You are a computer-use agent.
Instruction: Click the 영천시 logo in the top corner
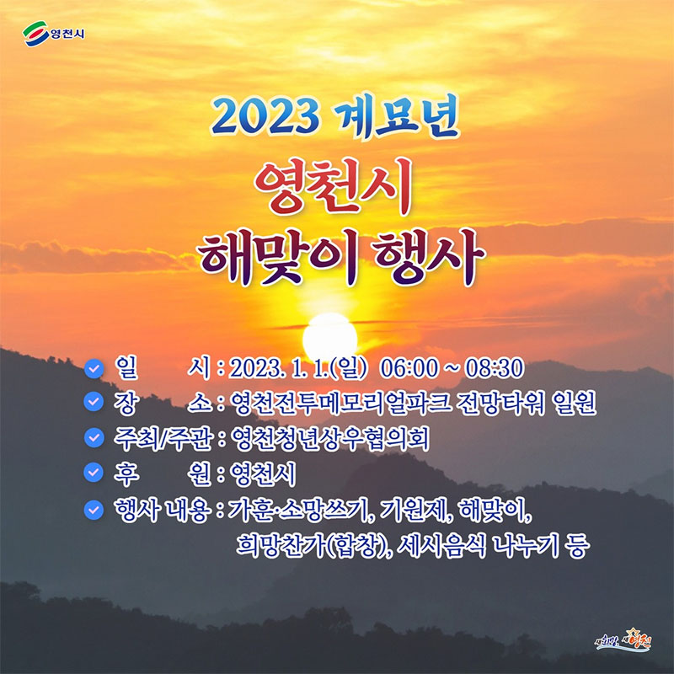click(54, 34)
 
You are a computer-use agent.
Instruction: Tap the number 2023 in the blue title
click(265, 116)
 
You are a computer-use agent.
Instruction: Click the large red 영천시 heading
click(334, 186)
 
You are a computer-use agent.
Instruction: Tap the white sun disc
click(329, 338)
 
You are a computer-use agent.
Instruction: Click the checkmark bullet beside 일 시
click(94, 368)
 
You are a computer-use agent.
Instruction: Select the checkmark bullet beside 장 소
click(94, 402)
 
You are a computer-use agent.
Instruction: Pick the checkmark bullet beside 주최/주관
click(94, 437)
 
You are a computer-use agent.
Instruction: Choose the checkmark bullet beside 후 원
click(94, 473)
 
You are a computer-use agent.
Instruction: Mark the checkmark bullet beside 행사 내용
click(94, 510)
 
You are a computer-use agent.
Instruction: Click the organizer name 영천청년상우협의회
click(329, 438)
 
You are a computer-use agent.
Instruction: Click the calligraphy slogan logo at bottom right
click(623, 641)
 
